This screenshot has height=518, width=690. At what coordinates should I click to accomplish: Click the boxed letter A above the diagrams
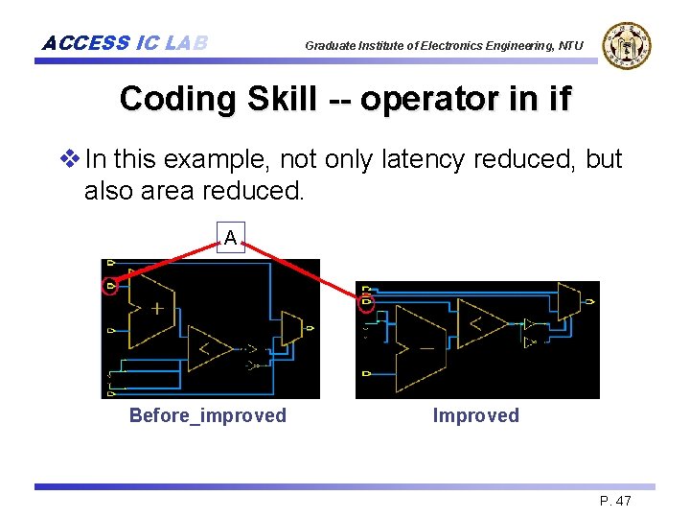231,236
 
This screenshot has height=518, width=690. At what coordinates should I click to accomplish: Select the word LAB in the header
186,43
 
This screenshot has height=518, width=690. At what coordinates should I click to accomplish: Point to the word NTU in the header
571,45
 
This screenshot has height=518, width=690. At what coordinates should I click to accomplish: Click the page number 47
623,501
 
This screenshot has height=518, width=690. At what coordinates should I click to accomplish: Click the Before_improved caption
208,415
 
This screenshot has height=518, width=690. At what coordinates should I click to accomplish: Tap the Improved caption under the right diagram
475,415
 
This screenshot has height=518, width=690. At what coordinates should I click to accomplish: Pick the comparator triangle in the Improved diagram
480,323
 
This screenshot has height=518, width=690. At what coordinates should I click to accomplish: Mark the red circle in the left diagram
112,286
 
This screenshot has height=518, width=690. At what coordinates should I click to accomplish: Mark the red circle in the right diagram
366,304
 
